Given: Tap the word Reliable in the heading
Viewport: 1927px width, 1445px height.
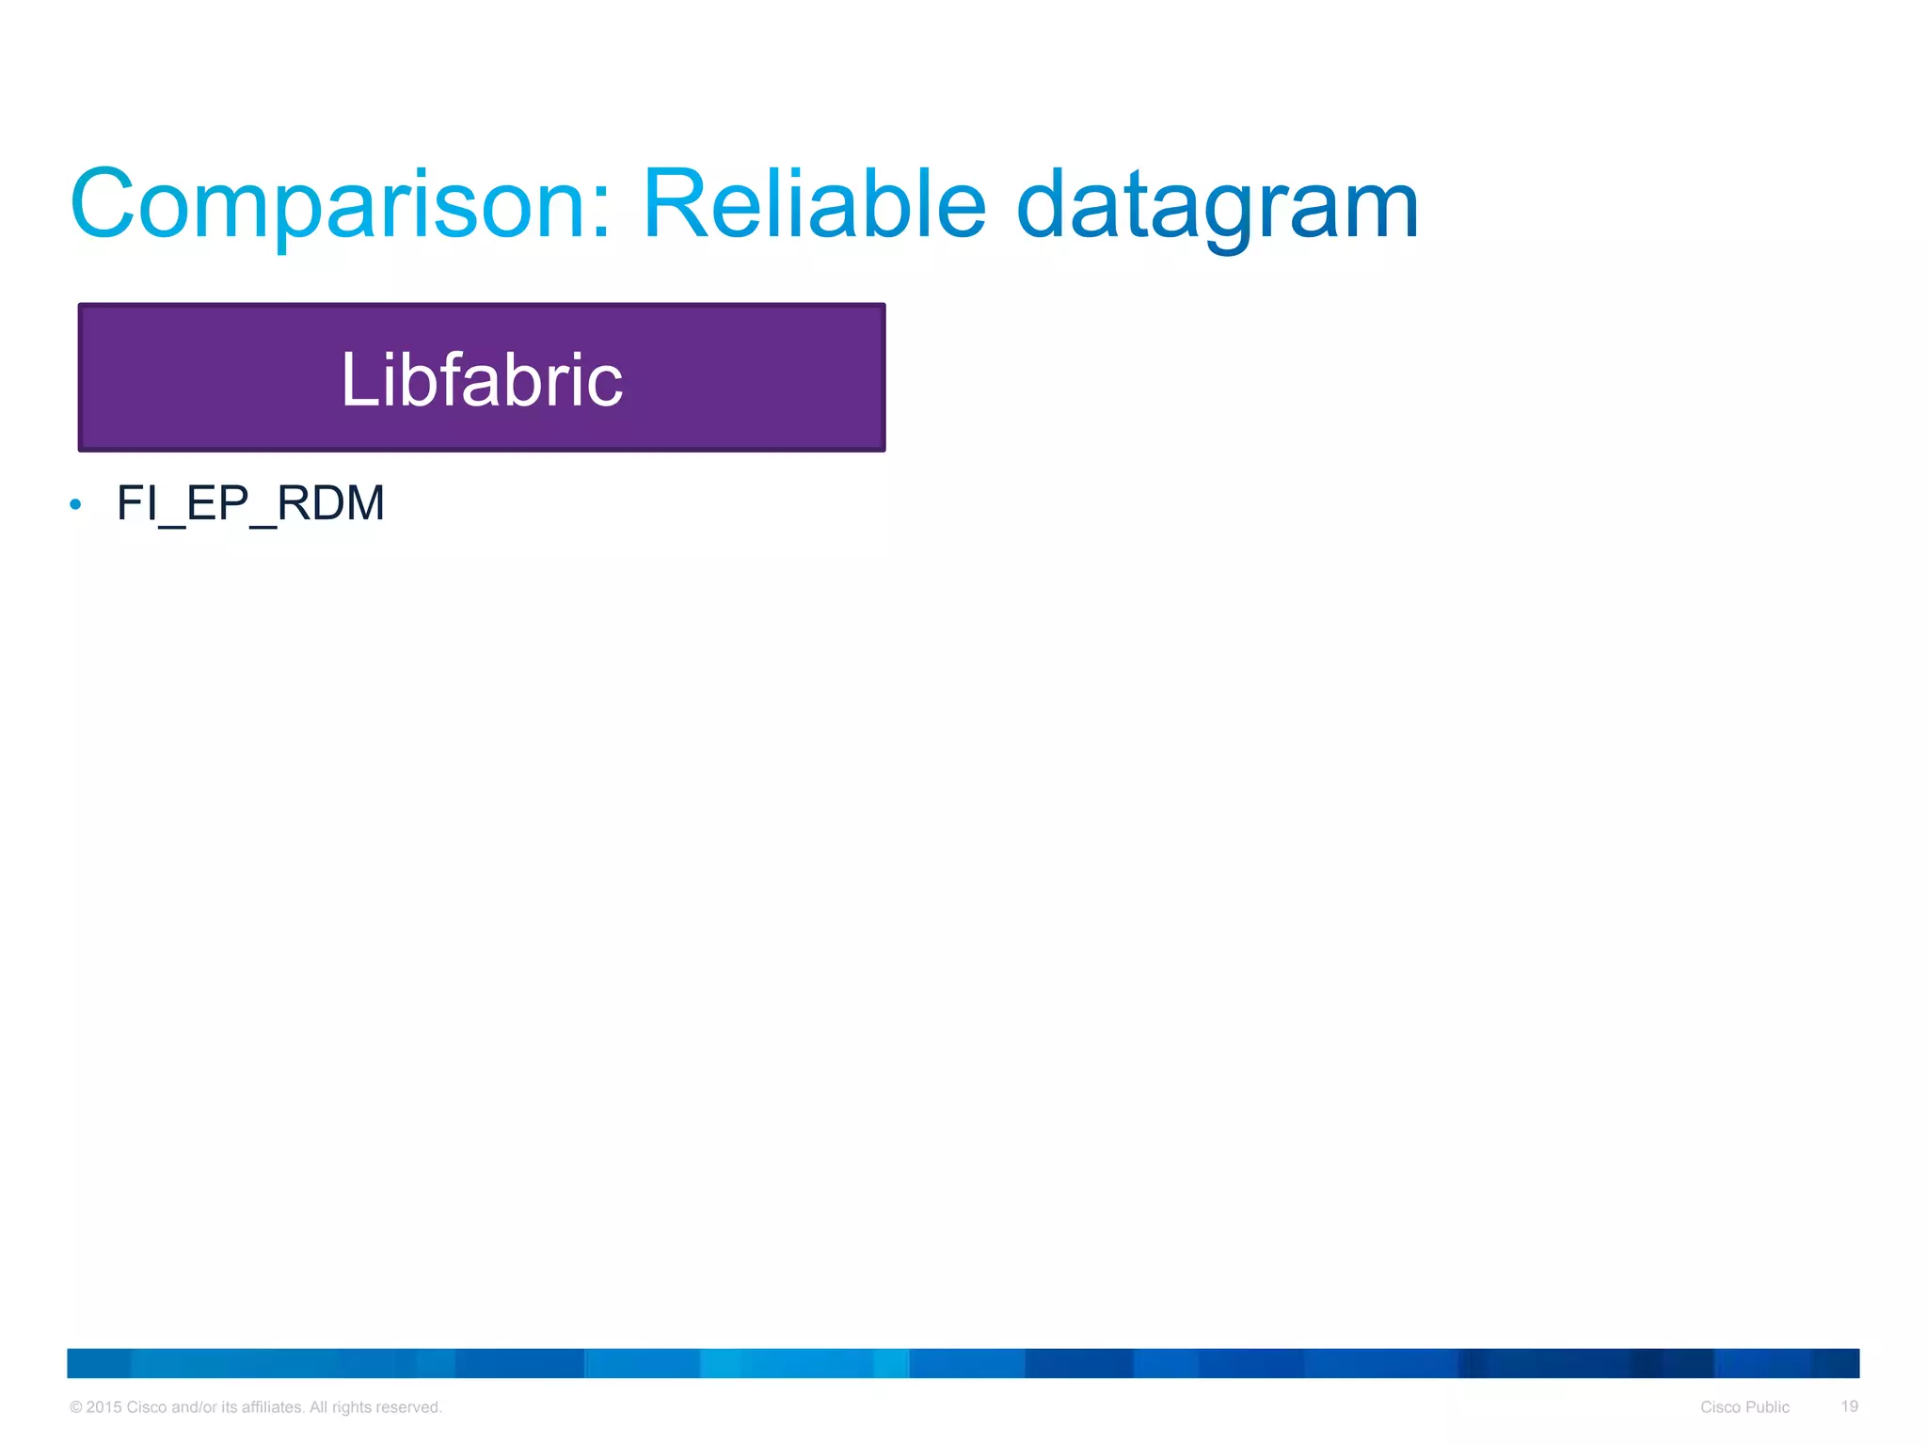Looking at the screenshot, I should click(814, 205).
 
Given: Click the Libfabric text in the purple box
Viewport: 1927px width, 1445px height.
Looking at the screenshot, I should click(482, 379).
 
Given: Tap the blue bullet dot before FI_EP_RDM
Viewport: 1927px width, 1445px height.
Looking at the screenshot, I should click(76, 505).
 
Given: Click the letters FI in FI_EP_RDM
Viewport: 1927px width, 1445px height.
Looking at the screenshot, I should click(135, 503).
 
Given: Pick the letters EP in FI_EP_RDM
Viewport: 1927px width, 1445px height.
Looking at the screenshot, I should click(217, 503).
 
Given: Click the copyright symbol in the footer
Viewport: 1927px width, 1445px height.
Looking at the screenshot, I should click(76, 1407).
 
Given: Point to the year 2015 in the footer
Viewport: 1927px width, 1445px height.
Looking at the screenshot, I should click(104, 1407).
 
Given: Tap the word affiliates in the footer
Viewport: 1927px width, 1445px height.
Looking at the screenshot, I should click(273, 1407).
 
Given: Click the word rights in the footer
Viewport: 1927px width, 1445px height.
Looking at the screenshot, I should click(351, 1407).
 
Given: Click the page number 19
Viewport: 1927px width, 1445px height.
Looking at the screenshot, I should click(1849, 1406).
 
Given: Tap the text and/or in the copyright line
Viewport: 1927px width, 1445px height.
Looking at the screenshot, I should click(194, 1407).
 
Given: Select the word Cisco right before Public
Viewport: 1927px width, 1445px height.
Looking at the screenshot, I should click(1721, 1407).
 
